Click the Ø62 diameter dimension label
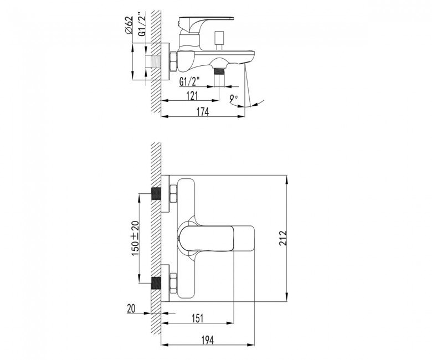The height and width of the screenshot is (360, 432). pyautogui.click(x=128, y=25)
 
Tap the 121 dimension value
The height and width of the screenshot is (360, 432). pyautogui.click(x=192, y=96)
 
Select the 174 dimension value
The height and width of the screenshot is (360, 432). pyautogui.click(x=203, y=112)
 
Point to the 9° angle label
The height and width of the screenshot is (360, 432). pyautogui.click(x=234, y=99)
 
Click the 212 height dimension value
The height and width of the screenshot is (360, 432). pyautogui.click(x=282, y=238)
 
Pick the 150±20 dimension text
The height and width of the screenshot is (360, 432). pyautogui.click(x=135, y=238)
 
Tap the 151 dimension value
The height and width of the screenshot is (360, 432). pyautogui.click(x=197, y=318)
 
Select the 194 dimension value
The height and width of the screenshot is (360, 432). pyautogui.click(x=208, y=340)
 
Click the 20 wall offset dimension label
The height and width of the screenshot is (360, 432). pyautogui.click(x=131, y=308)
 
